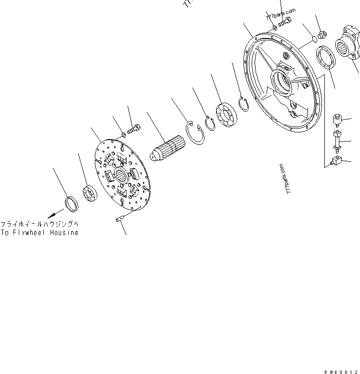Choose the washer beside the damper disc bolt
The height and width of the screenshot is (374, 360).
[123, 134]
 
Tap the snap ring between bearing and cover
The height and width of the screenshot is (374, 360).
[244, 104]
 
